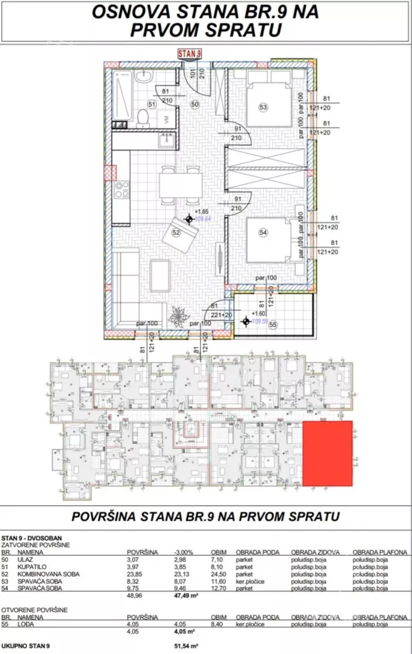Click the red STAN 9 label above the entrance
click(189, 53)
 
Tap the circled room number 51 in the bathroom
click(152, 104)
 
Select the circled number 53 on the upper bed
click(263, 108)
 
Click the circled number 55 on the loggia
click(273, 325)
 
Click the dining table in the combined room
click(179, 182)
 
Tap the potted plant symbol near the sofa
click(179, 315)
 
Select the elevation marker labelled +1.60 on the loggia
click(245, 322)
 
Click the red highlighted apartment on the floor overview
click(327, 454)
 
